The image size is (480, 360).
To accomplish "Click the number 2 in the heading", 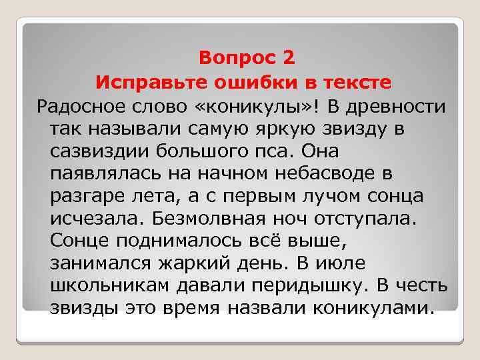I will click(x=287, y=59).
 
